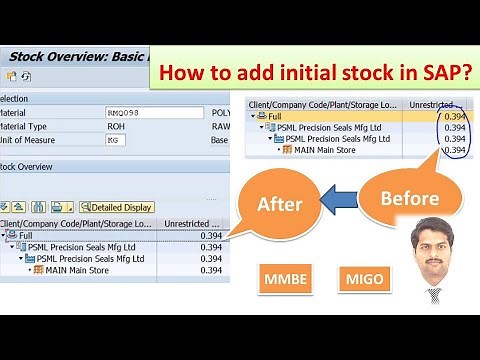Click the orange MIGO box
click(x=360, y=278)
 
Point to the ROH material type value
click(x=118, y=127)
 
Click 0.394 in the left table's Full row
click(x=211, y=235)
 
